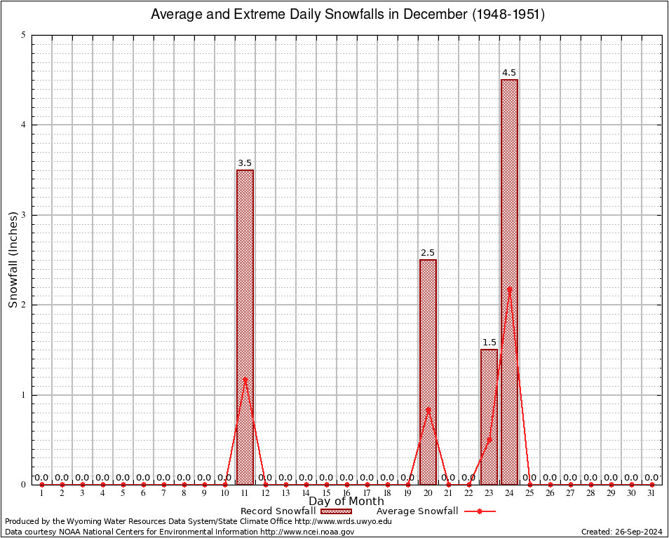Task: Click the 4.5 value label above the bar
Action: coord(509,73)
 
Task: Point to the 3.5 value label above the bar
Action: coord(245,163)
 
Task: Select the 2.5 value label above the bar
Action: coord(428,253)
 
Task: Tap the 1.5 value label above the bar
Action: coord(489,343)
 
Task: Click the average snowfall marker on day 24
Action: coord(509,289)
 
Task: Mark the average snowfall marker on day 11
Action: coord(245,379)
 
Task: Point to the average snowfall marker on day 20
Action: coord(428,410)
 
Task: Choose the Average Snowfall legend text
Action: coord(417,511)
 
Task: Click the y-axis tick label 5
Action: coord(24,35)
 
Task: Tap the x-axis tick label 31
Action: coord(651,493)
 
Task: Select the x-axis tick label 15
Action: coord(326,493)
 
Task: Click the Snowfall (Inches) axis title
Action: coord(13,259)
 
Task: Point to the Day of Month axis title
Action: coord(346,502)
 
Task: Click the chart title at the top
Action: coord(348,14)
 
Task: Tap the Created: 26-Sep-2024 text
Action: coord(622,532)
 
